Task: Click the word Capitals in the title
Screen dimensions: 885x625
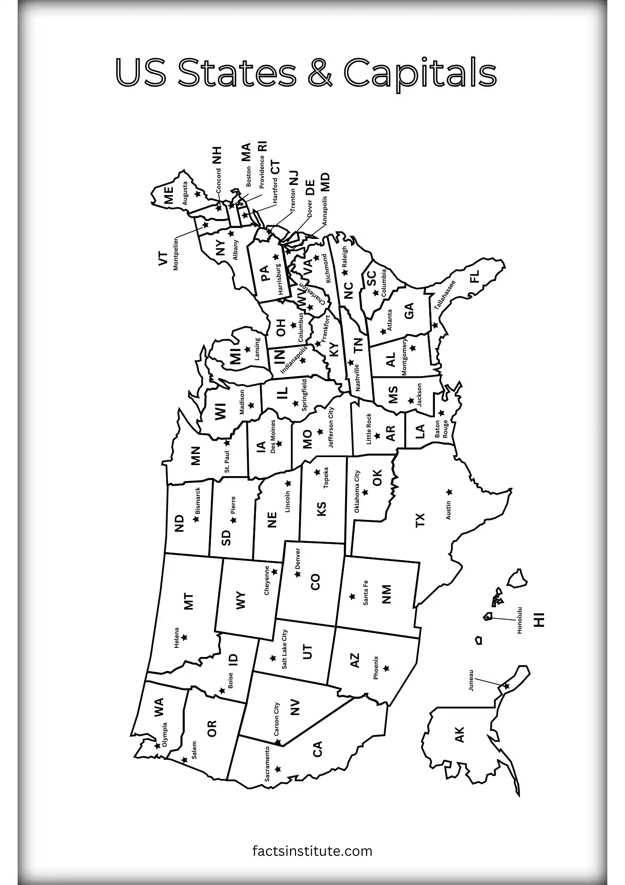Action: (x=420, y=73)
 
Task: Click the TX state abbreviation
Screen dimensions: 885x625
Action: (x=420, y=520)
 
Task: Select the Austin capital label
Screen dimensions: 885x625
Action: (x=449, y=510)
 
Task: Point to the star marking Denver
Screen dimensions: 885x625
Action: (x=297, y=574)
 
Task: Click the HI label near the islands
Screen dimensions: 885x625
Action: (x=539, y=619)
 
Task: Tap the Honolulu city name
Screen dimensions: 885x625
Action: (x=519, y=620)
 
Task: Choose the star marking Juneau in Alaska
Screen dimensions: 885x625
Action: (x=506, y=686)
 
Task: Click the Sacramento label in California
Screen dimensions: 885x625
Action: (x=267, y=764)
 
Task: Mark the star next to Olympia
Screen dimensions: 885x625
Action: (x=157, y=746)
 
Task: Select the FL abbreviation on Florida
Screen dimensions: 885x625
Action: (x=474, y=277)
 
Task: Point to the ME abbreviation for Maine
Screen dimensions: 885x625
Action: (x=168, y=196)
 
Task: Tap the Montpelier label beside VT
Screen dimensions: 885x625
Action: (x=176, y=254)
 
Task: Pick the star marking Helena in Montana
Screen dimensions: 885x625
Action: (x=184, y=637)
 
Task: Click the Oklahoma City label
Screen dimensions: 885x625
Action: (x=357, y=492)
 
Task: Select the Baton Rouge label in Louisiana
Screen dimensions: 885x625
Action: (x=441, y=429)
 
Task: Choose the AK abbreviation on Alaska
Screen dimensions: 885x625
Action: (x=460, y=735)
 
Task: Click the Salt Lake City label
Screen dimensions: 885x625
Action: (x=284, y=649)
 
